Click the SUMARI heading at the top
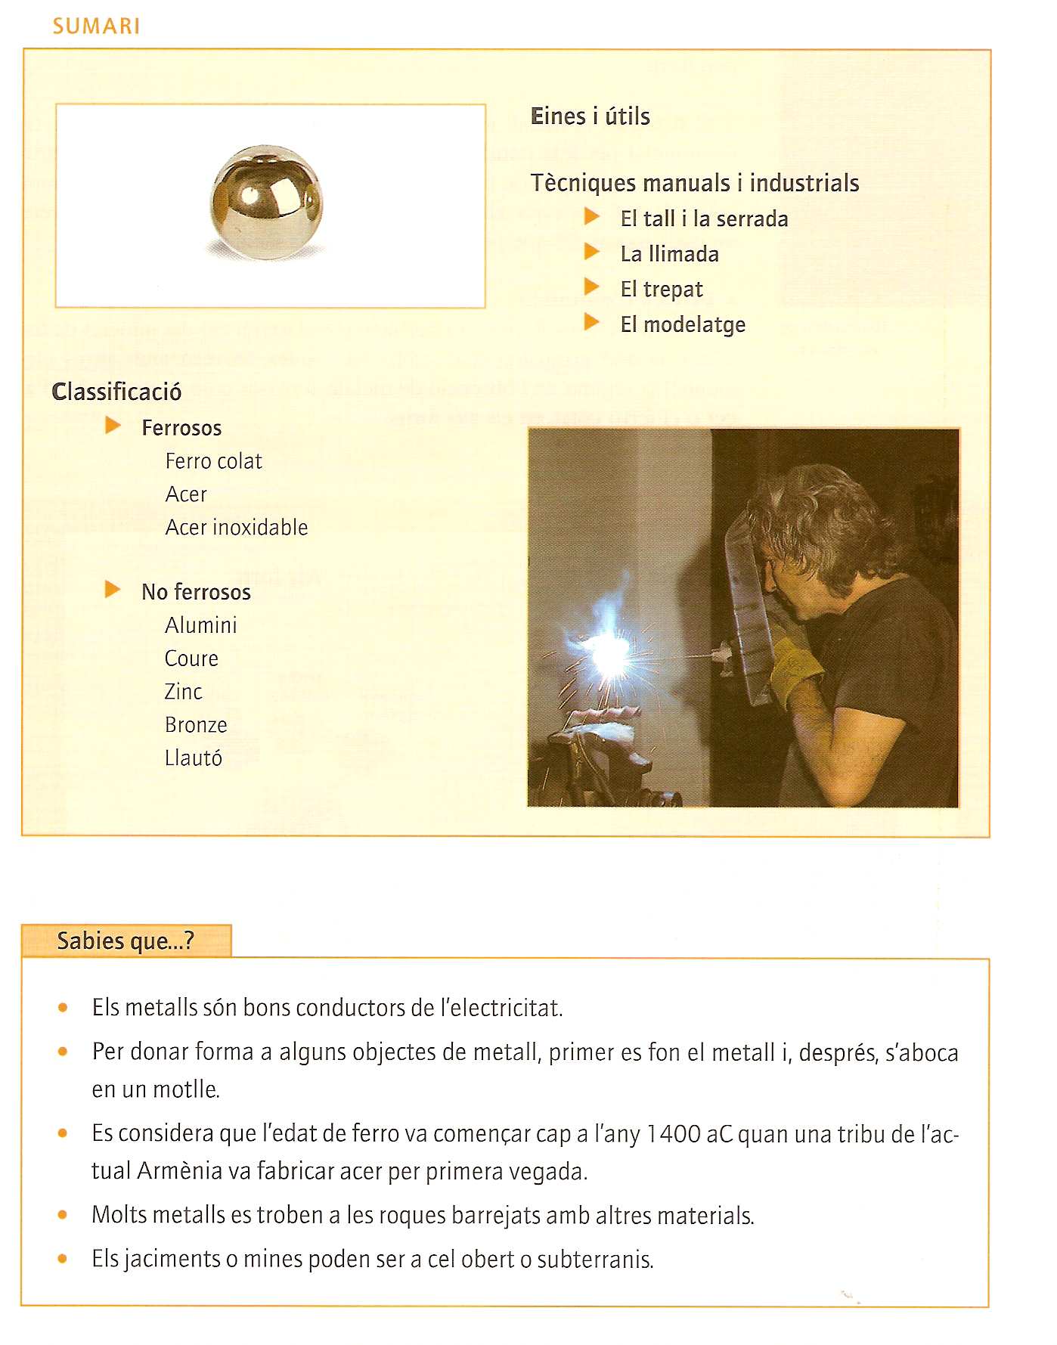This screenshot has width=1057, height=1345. click(96, 26)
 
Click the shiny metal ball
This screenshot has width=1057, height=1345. click(266, 203)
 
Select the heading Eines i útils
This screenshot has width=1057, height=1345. click(590, 116)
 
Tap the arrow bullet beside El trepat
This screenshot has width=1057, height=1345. click(591, 287)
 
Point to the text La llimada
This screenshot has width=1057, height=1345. click(669, 254)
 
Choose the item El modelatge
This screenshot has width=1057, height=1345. click(683, 324)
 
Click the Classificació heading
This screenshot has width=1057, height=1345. click(116, 392)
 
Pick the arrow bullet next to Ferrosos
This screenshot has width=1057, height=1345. click(113, 426)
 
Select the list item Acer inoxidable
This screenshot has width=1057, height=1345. click(237, 527)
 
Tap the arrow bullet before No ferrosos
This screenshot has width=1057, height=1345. click(113, 590)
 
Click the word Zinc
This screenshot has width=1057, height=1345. click(184, 692)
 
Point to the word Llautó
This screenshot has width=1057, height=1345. click(194, 758)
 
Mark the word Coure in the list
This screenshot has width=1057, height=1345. click(191, 659)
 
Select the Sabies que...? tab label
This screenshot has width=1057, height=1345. click(126, 941)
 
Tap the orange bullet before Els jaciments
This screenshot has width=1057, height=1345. click(63, 1259)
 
